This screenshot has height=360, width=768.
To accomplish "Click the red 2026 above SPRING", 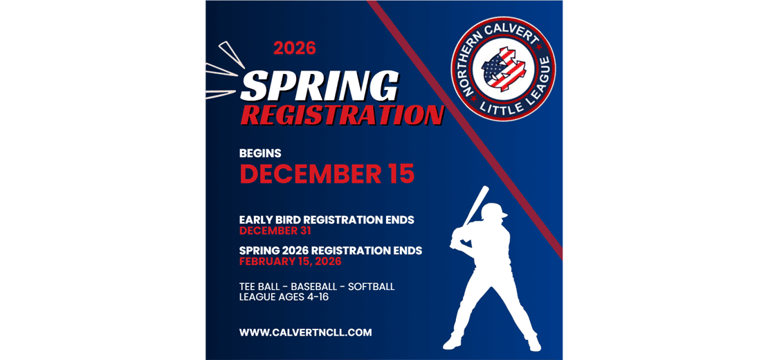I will click(294, 48).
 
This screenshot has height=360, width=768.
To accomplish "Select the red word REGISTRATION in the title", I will click(342, 115).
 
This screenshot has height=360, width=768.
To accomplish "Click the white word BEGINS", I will click(260, 153).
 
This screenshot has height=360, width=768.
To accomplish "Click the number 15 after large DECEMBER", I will click(401, 174).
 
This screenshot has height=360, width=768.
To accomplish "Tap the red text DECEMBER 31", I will click(275, 231).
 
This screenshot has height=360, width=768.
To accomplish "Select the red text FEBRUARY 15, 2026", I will click(290, 262).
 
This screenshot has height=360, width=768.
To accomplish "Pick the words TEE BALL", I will click(260, 286).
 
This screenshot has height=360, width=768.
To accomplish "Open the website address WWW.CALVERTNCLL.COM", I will click(305, 332).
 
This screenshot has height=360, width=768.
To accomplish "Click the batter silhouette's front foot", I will click(452, 342).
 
